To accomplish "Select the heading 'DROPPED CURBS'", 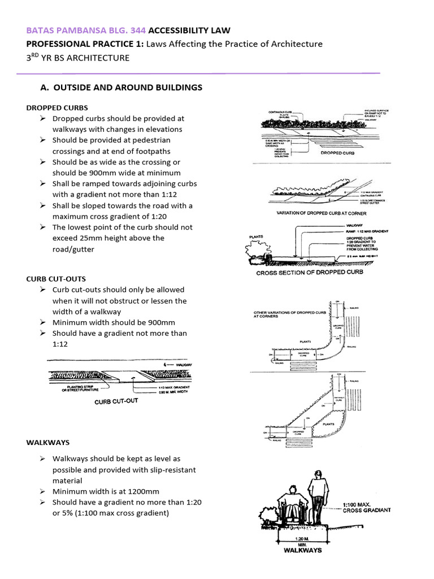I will click(57, 107).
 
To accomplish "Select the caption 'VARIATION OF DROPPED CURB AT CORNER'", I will click(321, 213).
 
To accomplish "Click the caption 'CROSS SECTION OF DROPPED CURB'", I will click(310, 272).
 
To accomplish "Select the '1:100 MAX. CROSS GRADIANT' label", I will click(366, 507).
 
